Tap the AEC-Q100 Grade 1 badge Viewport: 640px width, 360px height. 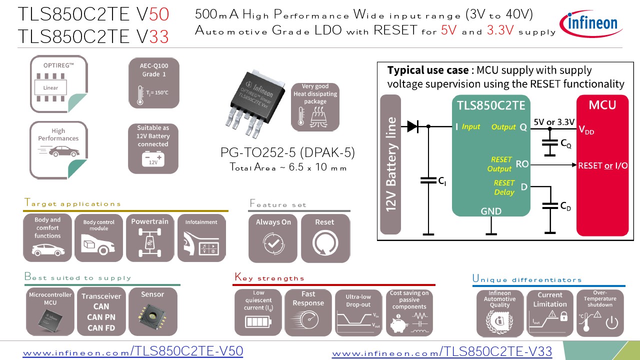pyautogui.click(x=153, y=83)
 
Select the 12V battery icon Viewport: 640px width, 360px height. pyautogui.click(x=153, y=159)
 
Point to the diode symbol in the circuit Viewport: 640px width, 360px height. pyautogui.click(x=412, y=126)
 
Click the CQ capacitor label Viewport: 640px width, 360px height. pyautogui.click(x=565, y=144)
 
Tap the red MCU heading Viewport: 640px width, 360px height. pyautogui.click(x=602, y=105)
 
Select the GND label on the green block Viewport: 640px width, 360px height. pyautogui.click(x=491, y=211)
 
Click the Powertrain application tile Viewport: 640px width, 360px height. pyautogui.click(x=149, y=238)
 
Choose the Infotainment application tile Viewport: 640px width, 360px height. pyautogui.click(x=201, y=238)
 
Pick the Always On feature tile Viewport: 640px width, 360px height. pyautogui.click(x=273, y=238)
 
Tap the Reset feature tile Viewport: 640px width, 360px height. pyautogui.click(x=324, y=238)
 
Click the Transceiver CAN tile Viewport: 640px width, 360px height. pyautogui.click(x=101, y=311)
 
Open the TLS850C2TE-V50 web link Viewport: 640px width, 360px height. pyautogui.click(x=132, y=351)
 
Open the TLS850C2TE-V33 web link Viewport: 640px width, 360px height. pyautogui.click(x=442, y=352)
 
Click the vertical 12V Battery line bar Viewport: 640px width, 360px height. pyautogui.click(x=391, y=164)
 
